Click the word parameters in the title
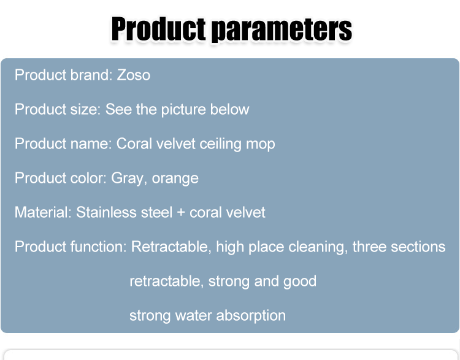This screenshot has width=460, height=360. click(282, 29)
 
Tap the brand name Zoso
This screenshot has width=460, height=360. click(134, 75)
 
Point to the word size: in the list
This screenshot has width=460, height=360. click(85, 109)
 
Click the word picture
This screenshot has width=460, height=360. click(183, 110)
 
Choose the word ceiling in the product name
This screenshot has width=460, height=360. click(220, 144)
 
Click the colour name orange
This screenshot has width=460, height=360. click(175, 178)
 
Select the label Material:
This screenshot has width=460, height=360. click(43, 212)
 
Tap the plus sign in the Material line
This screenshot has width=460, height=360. click(181, 213)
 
